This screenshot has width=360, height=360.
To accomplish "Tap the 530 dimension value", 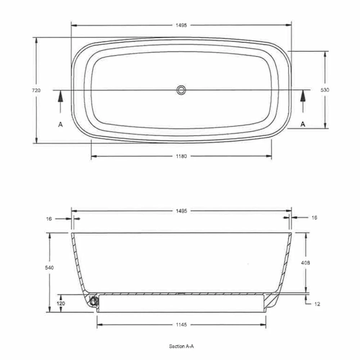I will (325, 90).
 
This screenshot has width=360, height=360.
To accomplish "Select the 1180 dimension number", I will (181, 156).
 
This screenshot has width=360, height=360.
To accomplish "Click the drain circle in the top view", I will (181, 90).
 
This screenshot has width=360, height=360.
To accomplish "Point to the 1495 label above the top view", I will (181, 25).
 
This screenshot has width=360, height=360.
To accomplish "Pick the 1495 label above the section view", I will (181, 211).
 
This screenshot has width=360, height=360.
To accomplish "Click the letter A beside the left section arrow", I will (60, 124).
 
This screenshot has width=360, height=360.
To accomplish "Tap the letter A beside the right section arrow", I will (303, 124).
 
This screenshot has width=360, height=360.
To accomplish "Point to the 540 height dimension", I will (49, 268).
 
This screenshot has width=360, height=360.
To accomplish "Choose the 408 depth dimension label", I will (305, 262).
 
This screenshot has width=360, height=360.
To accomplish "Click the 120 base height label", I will (61, 303).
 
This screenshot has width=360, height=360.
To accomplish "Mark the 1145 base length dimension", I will (181, 325).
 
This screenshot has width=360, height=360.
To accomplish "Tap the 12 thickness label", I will (317, 304).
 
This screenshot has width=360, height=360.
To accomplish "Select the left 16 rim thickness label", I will (49, 218).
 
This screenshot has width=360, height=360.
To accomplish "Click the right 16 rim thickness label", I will (314, 217).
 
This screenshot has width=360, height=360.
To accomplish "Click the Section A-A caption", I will (181, 346).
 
